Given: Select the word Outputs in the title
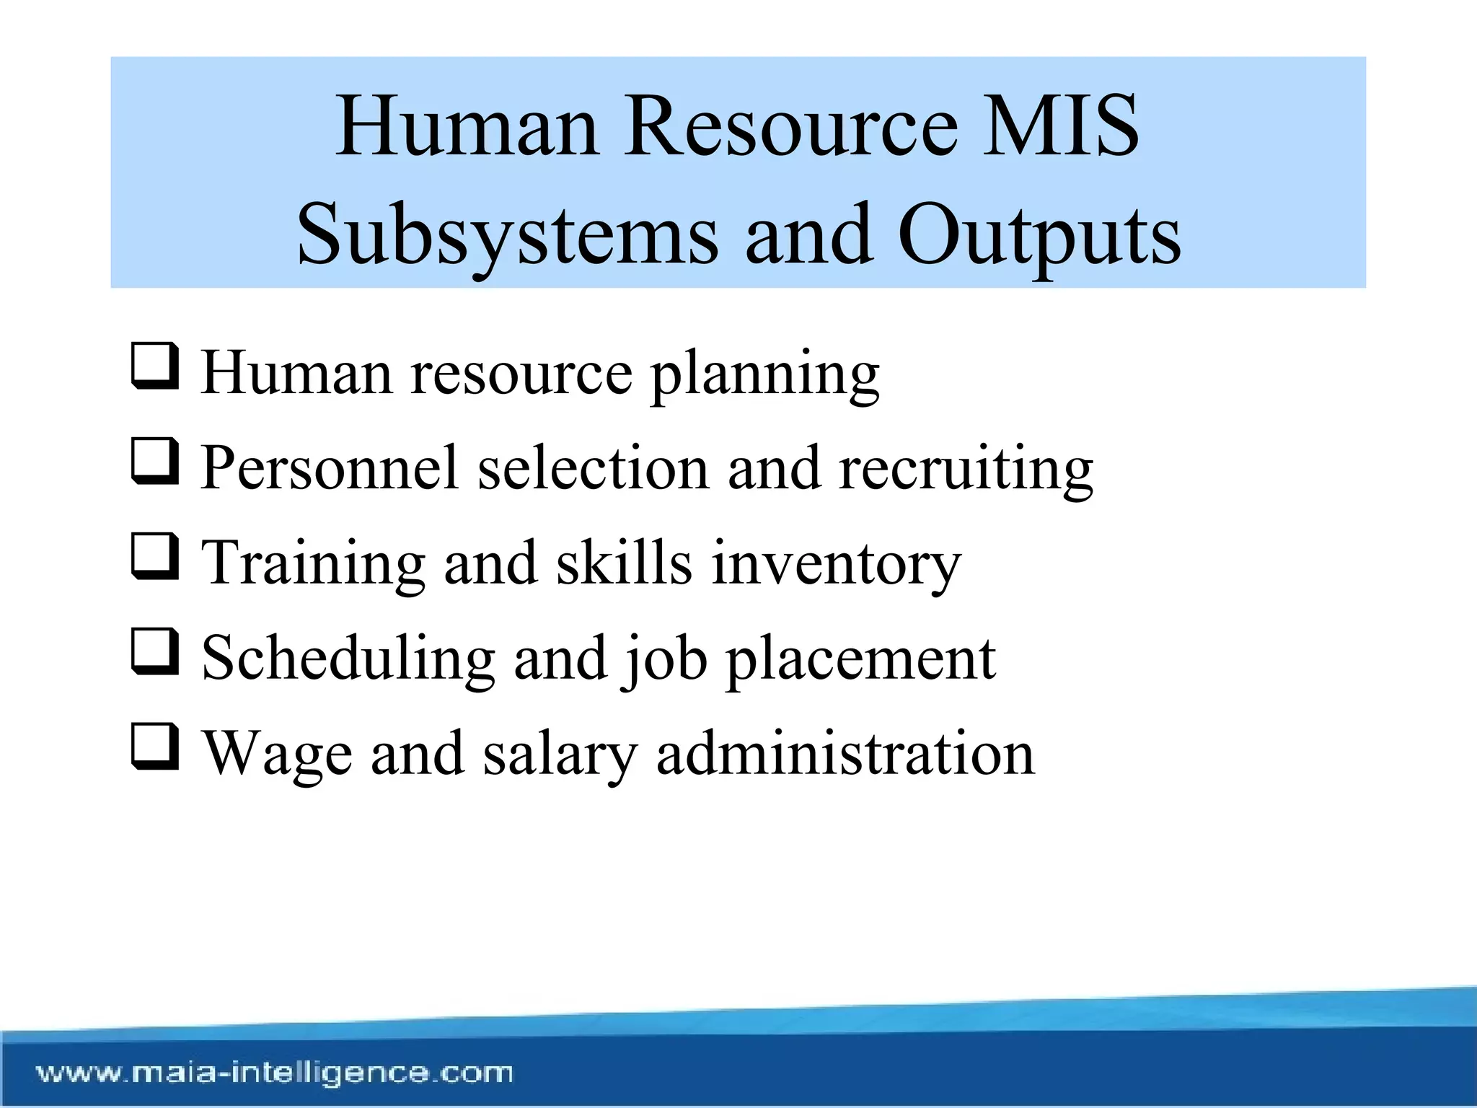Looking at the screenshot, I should point(1039,235).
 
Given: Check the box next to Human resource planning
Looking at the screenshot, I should point(154,367).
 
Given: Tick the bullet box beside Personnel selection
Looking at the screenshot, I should point(154,462).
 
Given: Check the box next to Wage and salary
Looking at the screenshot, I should point(154,748).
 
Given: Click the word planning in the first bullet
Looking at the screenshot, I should point(764,375).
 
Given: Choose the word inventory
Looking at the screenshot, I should point(837,564).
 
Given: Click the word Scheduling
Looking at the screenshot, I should point(348,659).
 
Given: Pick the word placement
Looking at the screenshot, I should point(860,659).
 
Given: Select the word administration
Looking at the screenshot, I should point(845,753).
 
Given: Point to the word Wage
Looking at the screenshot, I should point(277,755).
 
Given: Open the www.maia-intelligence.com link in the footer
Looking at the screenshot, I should point(275,1073).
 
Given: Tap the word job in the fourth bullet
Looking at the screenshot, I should point(664,659).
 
